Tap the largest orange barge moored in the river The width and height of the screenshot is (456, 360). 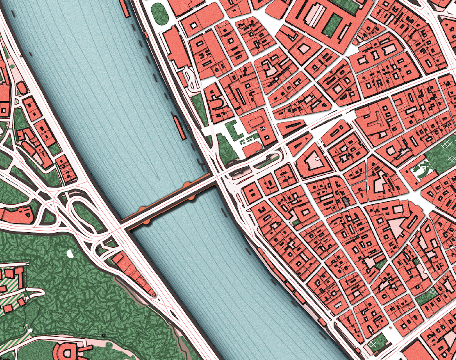(x=178, y=127)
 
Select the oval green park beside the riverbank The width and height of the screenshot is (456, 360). (x=159, y=13)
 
